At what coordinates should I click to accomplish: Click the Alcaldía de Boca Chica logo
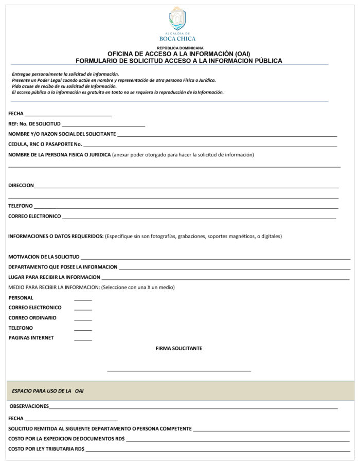click(177, 23)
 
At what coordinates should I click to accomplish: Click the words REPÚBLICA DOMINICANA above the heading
click(180, 48)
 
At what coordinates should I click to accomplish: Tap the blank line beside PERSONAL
click(83, 299)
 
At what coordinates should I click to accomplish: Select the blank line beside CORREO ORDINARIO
click(83, 319)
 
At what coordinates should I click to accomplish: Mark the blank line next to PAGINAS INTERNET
click(83, 339)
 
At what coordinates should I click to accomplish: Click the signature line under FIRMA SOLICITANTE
click(179, 370)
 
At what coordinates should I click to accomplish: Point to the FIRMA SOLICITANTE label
click(179, 349)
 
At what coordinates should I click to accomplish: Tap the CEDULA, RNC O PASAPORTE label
click(45, 144)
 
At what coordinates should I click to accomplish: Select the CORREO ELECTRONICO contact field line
click(199, 218)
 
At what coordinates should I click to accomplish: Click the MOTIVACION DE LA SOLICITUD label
click(44, 257)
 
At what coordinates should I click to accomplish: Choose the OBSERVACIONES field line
click(193, 408)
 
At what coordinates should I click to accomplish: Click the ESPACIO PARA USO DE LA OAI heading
click(48, 391)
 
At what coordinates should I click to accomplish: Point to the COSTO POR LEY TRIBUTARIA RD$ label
click(46, 449)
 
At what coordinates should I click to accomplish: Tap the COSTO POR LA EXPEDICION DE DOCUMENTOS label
click(66, 439)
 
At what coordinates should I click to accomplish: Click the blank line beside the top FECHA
click(68, 115)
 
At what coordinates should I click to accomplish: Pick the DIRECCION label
click(21, 186)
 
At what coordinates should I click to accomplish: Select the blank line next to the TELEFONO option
click(83, 330)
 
